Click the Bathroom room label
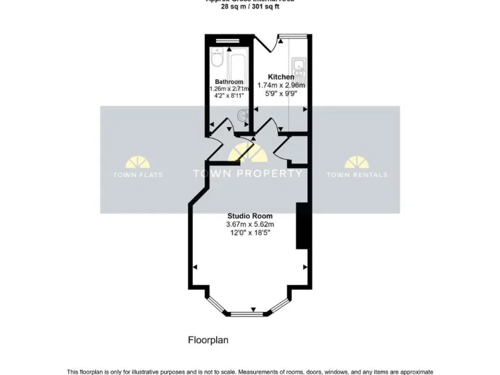pyautogui.click(x=229, y=81)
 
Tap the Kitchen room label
pyautogui.click(x=281, y=77)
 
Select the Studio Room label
pyautogui.click(x=249, y=216)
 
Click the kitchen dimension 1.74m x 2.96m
pyautogui.click(x=281, y=85)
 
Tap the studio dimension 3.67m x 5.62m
pyautogui.click(x=249, y=225)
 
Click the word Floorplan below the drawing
pyautogui.click(x=208, y=340)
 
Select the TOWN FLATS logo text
pyautogui.click(x=138, y=174)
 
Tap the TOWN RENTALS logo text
pyautogui.click(x=357, y=174)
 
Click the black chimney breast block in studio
pyautogui.click(x=301, y=225)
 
